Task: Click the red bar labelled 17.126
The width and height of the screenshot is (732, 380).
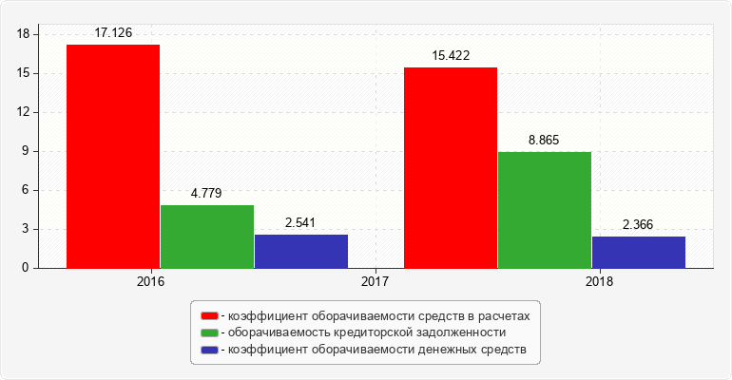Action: [x=113, y=157]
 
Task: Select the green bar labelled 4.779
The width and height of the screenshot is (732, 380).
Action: [x=207, y=237]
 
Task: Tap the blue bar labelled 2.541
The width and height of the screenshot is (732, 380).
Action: [x=301, y=252]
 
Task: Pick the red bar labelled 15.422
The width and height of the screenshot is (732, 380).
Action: [x=451, y=168]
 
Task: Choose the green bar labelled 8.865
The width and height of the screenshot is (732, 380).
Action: [x=545, y=210]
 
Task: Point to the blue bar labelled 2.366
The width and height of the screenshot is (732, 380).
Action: [x=639, y=253]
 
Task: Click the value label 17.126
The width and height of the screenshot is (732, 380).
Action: [x=113, y=32]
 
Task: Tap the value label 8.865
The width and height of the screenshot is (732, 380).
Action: [x=544, y=140]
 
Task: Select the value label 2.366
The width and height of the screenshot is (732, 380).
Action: [x=638, y=224]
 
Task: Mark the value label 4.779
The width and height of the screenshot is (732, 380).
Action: [x=206, y=193]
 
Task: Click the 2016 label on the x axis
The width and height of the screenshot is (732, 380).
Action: [x=150, y=282]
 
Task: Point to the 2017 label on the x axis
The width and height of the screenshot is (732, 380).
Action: [x=376, y=282]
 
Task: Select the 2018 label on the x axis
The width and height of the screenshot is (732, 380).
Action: [x=600, y=282]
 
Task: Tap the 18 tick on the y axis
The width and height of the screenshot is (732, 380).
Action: [x=25, y=34]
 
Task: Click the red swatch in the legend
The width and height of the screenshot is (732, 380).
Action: [x=208, y=314]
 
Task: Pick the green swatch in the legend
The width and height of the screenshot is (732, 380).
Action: [x=208, y=332]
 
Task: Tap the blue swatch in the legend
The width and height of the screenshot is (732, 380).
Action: [x=208, y=351]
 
